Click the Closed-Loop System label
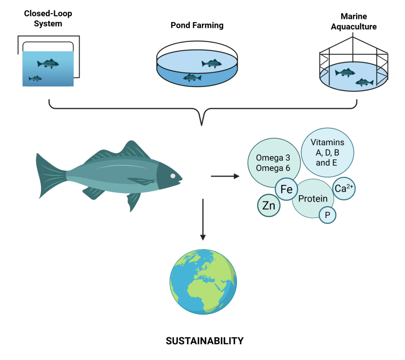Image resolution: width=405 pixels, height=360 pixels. (48, 19)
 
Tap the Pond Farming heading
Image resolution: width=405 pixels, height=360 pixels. (197, 26)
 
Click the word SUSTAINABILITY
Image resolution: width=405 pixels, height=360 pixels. (204, 340)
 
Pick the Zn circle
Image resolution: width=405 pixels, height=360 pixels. (269, 205)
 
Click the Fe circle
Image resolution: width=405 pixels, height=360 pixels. (286, 190)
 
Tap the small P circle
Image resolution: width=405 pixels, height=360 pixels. (327, 215)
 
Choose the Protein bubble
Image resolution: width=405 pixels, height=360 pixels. (312, 199)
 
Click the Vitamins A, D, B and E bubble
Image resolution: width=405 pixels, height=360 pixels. (327, 152)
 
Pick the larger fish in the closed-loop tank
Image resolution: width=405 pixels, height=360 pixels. (48, 63)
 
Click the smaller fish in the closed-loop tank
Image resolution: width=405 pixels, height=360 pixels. (36, 79)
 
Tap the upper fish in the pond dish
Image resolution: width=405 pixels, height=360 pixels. (211, 63)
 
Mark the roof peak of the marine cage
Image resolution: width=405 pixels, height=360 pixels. (353, 38)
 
